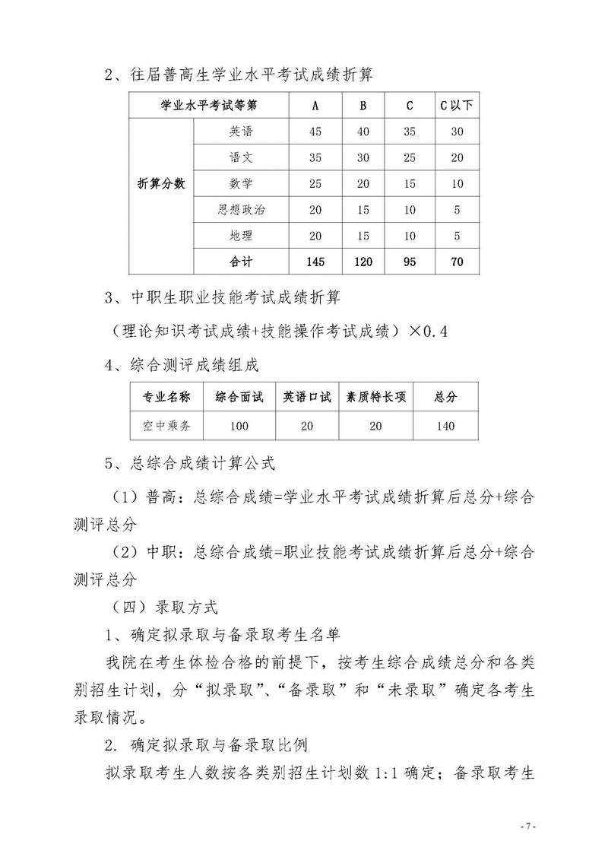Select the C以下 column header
tap(456, 105)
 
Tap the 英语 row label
tap(241, 132)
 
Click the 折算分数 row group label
tap(161, 183)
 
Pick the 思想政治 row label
tap(241, 209)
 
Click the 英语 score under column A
tap(316, 132)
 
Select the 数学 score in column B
tap(363, 183)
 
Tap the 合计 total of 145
tap(315, 262)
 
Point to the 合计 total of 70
tap(456, 262)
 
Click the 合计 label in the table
tap(241, 262)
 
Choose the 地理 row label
tap(241, 236)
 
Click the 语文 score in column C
tap(410, 157)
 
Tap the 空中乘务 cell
tap(166, 426)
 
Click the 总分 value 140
tap(445, 426)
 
